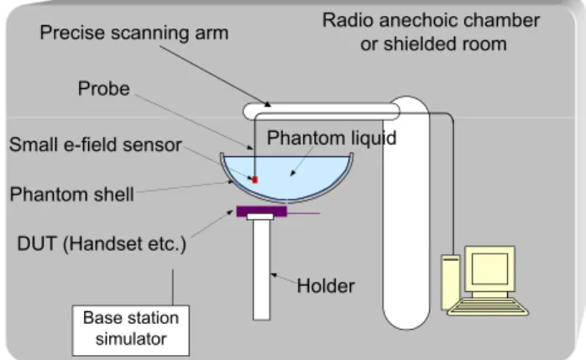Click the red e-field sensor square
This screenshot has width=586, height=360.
click(x=255, y=180)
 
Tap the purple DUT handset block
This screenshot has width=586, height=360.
click(x=262, y=211)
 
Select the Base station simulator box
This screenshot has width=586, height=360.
click(x=131, y=331)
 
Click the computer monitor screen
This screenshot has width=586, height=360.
click(x=489, y=269)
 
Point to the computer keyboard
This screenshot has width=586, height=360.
click(x=488, y=306)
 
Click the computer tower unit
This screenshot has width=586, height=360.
click(x=450, y=282)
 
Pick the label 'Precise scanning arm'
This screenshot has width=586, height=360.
click(x=134, y=33)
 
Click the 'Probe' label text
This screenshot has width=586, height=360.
click(x=104, y=88)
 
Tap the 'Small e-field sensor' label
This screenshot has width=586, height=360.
click(x=96, y=144)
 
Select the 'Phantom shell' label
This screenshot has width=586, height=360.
click(x=71, y=194)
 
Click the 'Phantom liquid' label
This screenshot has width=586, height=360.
click(x=332, y=138)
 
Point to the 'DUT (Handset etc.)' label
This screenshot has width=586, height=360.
click(x=102, y=244)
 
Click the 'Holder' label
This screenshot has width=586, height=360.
click(x=326, y=286)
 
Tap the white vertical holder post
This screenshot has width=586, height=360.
click(x=261, y=269)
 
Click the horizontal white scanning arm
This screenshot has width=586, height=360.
click(x=322, y=112)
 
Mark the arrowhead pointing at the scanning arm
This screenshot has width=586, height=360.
click(x=268, y=104)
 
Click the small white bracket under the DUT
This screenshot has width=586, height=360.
click(x=260, y=217)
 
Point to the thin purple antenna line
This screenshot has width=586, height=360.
click(x=303, y=213)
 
